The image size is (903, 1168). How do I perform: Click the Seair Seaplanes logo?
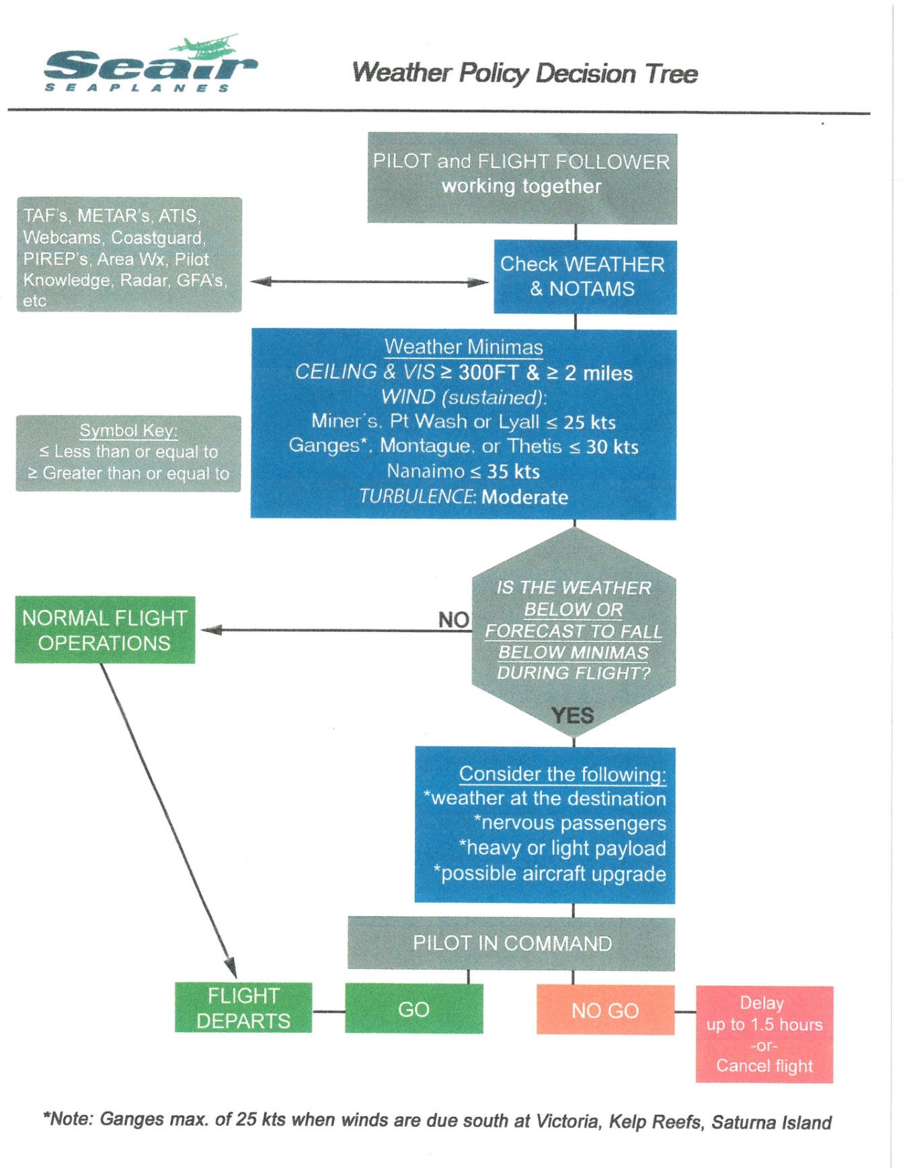click(x=149, y=65)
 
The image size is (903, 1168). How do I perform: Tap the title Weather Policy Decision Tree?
click(x=524, y=73)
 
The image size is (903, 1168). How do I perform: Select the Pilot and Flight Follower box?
click(x=522, y=178)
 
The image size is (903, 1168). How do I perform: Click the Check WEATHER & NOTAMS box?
click(x=584, y=276)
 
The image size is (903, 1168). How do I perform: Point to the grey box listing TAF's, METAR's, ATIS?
click(x=128, y=255)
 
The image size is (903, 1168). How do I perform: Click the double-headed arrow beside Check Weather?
click(x=368, y=282)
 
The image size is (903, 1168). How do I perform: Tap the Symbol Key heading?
click(x=128, y=430)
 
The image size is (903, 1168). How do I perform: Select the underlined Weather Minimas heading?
click(x=463, y=347)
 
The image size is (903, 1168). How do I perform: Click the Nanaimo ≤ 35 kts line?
click(x=463, y=471)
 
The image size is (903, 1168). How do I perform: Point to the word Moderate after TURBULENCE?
click(x=524, y=497)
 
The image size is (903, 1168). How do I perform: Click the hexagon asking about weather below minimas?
click(x=574, y=630)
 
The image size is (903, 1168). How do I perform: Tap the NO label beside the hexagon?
click(x=454, y=619)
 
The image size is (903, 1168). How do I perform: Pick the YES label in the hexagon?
click(x=573, y=715)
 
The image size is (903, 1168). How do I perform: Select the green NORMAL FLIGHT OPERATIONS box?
click(x=105, y=630)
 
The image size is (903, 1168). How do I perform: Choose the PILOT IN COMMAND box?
click(x=512, y=943)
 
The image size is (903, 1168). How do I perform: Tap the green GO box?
click(x=414, y=1009)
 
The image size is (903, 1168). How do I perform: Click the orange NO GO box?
click(x=605, y=1010)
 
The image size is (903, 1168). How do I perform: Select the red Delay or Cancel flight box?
click(x=764, y=1034)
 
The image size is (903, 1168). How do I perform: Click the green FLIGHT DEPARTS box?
click(x=243, y=1007)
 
